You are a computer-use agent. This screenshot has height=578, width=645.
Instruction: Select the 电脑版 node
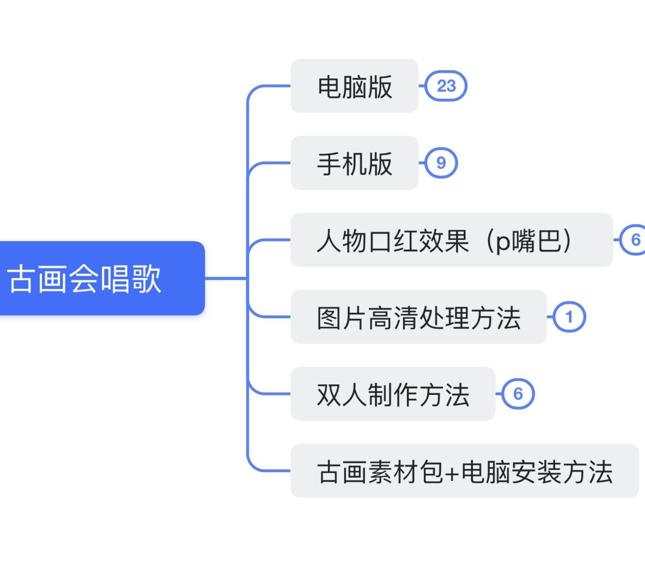point(354,86)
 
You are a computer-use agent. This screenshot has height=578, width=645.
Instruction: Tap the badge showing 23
point(447,86)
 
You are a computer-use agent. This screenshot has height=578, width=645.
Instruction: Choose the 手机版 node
point(354,163)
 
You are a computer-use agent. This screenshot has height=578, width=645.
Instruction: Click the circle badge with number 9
point(440,163)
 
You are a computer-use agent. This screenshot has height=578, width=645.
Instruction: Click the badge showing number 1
point(569,317)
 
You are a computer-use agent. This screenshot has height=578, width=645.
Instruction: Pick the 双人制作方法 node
point(393,394)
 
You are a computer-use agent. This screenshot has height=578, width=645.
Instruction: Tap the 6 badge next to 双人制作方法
point(518,394)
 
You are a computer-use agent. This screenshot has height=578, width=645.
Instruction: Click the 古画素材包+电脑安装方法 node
point(464,471)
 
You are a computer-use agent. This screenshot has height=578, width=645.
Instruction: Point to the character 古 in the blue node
point(21,279)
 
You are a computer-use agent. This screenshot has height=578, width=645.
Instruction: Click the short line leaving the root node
point(226,279)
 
